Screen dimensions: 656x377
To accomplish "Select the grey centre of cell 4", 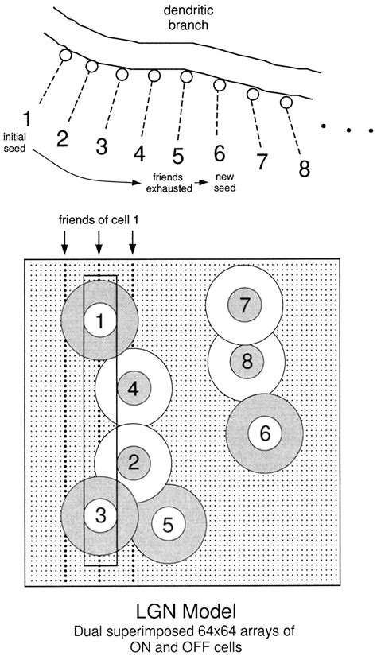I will coord(133,390).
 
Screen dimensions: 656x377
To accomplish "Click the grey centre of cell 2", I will coord(133,459).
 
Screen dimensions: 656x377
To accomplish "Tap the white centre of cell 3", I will coord(99,514).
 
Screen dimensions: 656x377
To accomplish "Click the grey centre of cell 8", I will coord(247,362).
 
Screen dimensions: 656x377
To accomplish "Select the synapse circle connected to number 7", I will coord(253,94).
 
